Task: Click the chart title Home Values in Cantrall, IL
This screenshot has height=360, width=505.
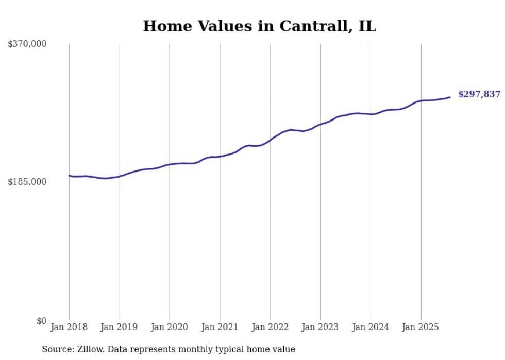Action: pos(259,26)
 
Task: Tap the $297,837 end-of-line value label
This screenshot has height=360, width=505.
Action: pos(479,94)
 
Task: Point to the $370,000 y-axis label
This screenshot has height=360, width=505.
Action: pos(27,44)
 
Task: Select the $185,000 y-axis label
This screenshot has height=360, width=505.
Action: pos(27,182)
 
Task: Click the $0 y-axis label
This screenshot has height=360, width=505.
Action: pos(41,321)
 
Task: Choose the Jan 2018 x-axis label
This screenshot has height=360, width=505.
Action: pos(69,327)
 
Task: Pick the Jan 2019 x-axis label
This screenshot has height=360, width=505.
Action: pos(120,327)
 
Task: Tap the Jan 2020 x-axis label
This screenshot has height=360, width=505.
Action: pos(170,327)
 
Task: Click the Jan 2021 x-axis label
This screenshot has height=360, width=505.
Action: pos(220,327)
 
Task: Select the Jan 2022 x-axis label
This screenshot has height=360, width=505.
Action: pos(270,327)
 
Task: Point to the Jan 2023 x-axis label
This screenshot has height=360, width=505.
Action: pos(320,327)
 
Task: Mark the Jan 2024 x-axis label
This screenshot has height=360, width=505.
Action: pos(371,327)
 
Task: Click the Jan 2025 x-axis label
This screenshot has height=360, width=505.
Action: pos(420,327)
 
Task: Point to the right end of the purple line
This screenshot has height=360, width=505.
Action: pos(450,97)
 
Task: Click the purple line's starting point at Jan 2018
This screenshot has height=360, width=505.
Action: pos(70,176)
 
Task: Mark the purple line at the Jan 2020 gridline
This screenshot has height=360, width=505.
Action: pos(170,164)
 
